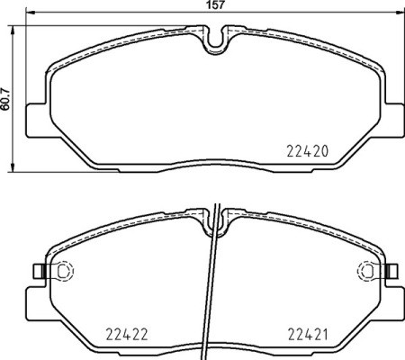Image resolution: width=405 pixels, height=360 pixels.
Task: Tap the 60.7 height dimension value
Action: [x=7, y=96]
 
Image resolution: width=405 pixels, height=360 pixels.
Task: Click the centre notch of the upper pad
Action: [x=215, y=41]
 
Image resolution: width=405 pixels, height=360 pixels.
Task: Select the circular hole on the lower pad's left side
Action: [x=64, y=270]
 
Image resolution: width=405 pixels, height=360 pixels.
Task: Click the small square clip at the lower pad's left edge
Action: [x=36, y=270]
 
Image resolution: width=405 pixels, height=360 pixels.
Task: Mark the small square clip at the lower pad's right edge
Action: [x=393, y=270]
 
